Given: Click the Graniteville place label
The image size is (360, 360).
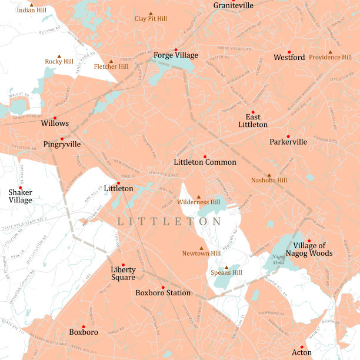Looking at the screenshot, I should (x=234, y=5).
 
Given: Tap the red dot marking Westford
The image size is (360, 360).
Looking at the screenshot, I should (x=289, y=52).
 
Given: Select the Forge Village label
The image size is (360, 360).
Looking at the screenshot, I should (x=176, y=56).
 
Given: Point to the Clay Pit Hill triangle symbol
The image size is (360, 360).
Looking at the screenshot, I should (x=151, y=13).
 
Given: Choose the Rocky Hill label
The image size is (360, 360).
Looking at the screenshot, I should (x=59, y=61).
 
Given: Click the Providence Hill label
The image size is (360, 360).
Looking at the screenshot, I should (x=330, y=58).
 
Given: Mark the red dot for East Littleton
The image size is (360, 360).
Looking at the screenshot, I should (x=253, y=112).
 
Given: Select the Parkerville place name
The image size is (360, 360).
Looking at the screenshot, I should (x=288, y=142).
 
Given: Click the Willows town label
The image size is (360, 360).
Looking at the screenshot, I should (x=55, y=124).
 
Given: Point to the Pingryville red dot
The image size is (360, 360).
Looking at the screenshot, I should (x=62, y=139).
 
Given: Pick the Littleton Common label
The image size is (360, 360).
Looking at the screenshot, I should (x=205, y=162).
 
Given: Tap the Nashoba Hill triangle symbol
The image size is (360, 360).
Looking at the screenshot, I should (x=269, y=175).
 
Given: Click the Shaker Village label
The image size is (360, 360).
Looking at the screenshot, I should (x=21, y=196).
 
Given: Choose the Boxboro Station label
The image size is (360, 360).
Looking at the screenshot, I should (x=163, y=292).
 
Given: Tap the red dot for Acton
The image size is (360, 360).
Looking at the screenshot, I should (x=302, y=347).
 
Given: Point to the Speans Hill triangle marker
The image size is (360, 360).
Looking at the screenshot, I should (x=226, y=267).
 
